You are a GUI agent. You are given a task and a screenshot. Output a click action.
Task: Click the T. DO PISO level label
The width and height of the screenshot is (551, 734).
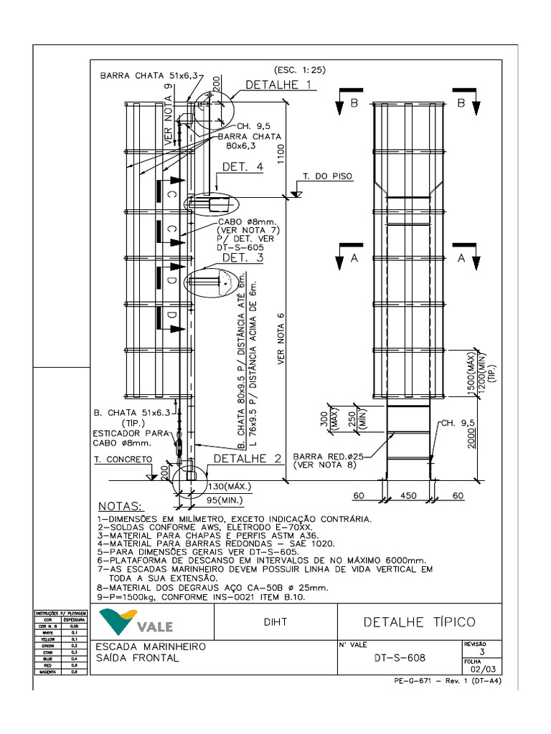[x=327, y=176]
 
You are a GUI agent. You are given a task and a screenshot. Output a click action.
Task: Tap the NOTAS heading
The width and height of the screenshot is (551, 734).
[x=120, y=506]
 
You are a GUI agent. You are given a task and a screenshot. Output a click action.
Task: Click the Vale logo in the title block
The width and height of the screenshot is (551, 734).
[x=137, y=621]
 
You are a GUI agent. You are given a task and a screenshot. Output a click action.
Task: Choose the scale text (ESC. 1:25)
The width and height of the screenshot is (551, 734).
[x=300, y=70]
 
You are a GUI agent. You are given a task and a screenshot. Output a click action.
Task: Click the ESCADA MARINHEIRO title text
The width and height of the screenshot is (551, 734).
[x=151, y=647]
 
